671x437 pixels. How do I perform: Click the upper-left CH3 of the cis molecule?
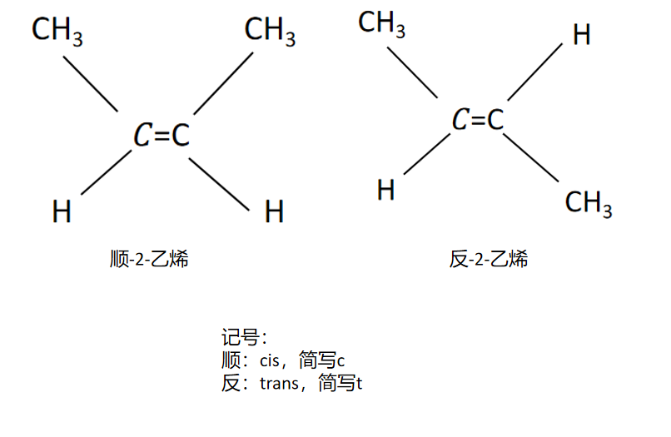click(x=57, y=32)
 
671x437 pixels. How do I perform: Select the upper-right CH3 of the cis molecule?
click(x=270, y=32)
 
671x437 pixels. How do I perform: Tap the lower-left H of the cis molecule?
click(x=62, y=211)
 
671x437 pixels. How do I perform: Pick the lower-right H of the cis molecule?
click(x=274, y=211)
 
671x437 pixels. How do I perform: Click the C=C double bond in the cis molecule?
click(x=162, y=135)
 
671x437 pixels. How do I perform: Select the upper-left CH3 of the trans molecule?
click(x=381, y=24)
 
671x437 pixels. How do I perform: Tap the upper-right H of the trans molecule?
click(x=582, y=35)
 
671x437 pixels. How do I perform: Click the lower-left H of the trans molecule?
click(x=385, y=190)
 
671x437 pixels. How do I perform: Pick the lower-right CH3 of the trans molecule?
click(x=589, y=202)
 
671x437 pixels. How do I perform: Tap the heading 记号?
click(x=243, y=337)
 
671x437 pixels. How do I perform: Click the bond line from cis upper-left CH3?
click(x=91, y=83)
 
